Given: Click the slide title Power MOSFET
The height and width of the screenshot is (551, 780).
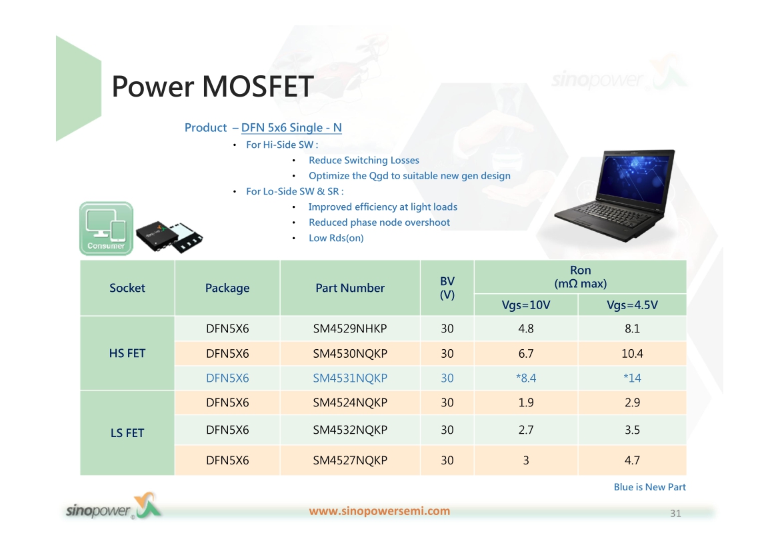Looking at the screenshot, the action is click(x=213, y=87).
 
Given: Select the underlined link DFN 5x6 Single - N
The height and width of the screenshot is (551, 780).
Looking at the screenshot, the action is click(x=291, y=128).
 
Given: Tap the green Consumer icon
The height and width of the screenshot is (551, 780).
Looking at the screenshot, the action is click(x=106, y=229).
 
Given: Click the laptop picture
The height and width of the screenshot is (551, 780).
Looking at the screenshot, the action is click(x=615, y=196).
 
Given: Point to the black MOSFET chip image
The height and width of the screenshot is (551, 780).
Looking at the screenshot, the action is click(x=169, y=237).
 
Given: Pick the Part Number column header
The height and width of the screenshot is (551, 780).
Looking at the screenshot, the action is click(x=350, y=288).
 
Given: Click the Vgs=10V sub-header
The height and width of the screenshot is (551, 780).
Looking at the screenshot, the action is click(x=526, y=305).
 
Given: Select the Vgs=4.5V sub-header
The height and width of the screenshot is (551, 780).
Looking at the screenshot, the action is click(x=632, y=305).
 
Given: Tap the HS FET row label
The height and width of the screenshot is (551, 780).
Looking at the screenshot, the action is click(x=127, y=353).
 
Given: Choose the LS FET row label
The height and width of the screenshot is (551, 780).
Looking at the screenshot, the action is click(x=127, y=433).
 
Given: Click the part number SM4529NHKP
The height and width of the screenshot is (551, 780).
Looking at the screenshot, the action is click(x=350, y=328).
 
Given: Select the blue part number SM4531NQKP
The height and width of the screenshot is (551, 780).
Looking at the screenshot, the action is click(x=350, y=378).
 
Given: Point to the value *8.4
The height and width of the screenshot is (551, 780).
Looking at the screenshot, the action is click(x=526, y=378).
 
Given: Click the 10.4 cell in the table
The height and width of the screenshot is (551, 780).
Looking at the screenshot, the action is click(x=632, y=354).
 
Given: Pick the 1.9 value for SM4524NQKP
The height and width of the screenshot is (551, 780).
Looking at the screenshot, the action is click(x=526, y=402).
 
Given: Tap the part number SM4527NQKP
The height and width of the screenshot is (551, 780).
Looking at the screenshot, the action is click(x=350, y=460).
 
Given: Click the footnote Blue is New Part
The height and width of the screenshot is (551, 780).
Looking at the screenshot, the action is click(x=650, y=487).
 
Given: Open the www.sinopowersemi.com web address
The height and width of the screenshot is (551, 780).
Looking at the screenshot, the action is click(x=379, y=511).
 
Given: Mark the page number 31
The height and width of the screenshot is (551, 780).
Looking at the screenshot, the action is click(x=675, y=514).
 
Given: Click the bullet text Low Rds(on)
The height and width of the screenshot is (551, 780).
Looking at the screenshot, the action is click(x=336, y=238).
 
